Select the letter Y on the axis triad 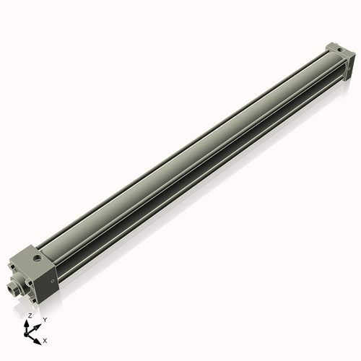(45, 318)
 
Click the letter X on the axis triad (45, 339)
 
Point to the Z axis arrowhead (27, 323)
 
